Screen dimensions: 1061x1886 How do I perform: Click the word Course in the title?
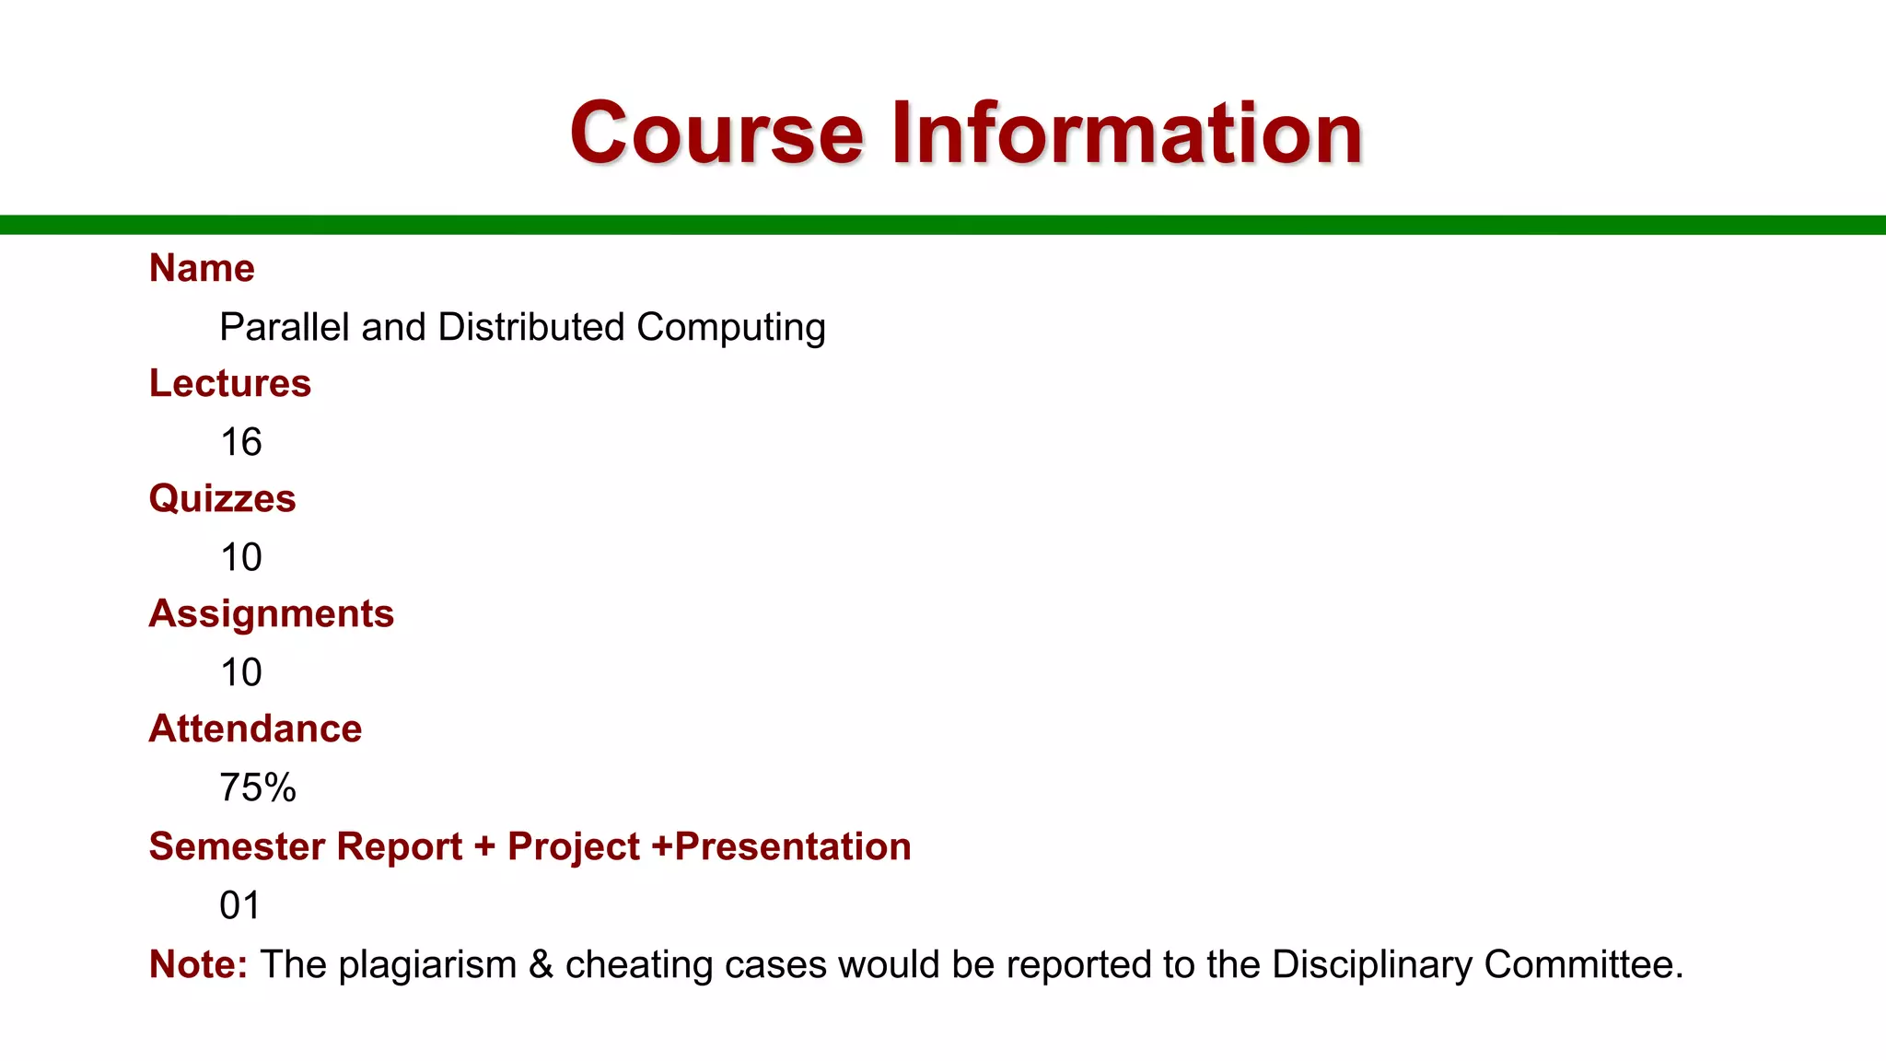(716, 134)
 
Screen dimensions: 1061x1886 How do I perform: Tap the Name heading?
(202, 268)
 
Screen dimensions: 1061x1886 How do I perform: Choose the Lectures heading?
(230, 383)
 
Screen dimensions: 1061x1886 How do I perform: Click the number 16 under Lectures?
(240, 443)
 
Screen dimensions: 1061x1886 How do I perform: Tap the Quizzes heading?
(222, 499)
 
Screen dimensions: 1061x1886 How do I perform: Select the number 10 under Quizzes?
(240, 558)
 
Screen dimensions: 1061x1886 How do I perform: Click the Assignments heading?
(272, 613)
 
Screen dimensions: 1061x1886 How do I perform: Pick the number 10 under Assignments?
(240, 673)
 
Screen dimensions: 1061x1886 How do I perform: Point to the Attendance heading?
(255, 729)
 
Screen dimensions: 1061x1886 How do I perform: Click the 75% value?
(257, 788)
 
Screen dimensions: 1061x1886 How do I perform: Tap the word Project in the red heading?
(573, 847)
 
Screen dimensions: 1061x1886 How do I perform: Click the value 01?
(239, 905)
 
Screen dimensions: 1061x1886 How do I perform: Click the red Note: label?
(198, 964)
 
